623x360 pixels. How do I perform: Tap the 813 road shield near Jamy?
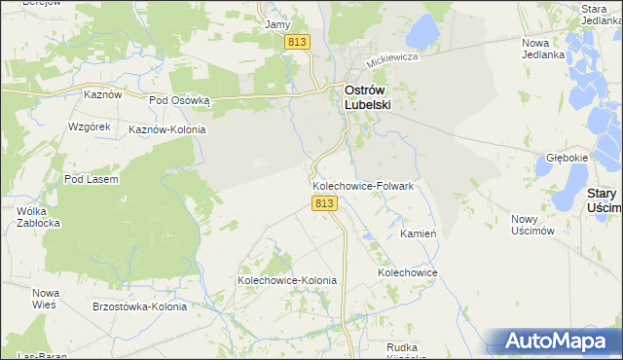(x=298, y=42)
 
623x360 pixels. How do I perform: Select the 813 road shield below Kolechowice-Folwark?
(x=325, y=203)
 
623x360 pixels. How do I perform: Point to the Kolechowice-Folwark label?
(x=363, y=185)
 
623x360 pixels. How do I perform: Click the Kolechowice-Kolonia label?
(x=287, y=280)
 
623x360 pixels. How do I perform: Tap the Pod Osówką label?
(x=180, y=100)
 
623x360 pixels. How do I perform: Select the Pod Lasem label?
(x=91, y=179)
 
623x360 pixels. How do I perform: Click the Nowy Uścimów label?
(x=532, y=225)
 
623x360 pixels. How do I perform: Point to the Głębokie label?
(x=567, y=158)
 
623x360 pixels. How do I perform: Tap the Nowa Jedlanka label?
(x=543, y=49)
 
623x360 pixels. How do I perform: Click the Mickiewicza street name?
(x=392, y=59)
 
